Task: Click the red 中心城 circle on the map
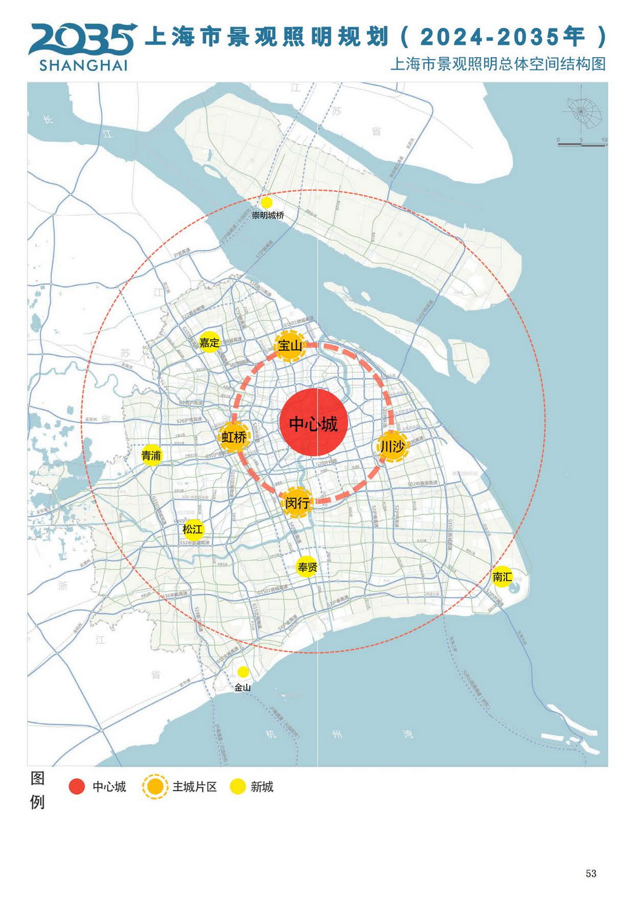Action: (x=312, y=423)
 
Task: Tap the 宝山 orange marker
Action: (x=290, y=346)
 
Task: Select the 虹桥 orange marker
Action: (x=234, y=436)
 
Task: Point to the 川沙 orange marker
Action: (x=392, y=446)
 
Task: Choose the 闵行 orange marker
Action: (x=297, y=502)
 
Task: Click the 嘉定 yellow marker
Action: (x=209, y=343)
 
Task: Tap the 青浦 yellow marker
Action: (x=151, y=455)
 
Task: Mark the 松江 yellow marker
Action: (x=192, y=529)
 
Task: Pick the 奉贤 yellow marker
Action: (x=307, y=566)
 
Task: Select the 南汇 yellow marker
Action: (x=502, y=576)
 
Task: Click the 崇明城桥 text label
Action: (x=267, y=215)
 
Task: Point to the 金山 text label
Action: (x=243, y=687)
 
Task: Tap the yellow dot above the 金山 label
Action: (x=243, y=672)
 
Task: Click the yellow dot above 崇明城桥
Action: (x=267, y=202)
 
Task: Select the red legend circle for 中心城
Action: (x=77, y=787)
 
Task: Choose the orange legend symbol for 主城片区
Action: (x=155, y=787)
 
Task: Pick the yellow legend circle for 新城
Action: (x=237, y=787)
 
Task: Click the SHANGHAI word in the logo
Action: (x=83, y=65)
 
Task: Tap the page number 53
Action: (x=591, y=874)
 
